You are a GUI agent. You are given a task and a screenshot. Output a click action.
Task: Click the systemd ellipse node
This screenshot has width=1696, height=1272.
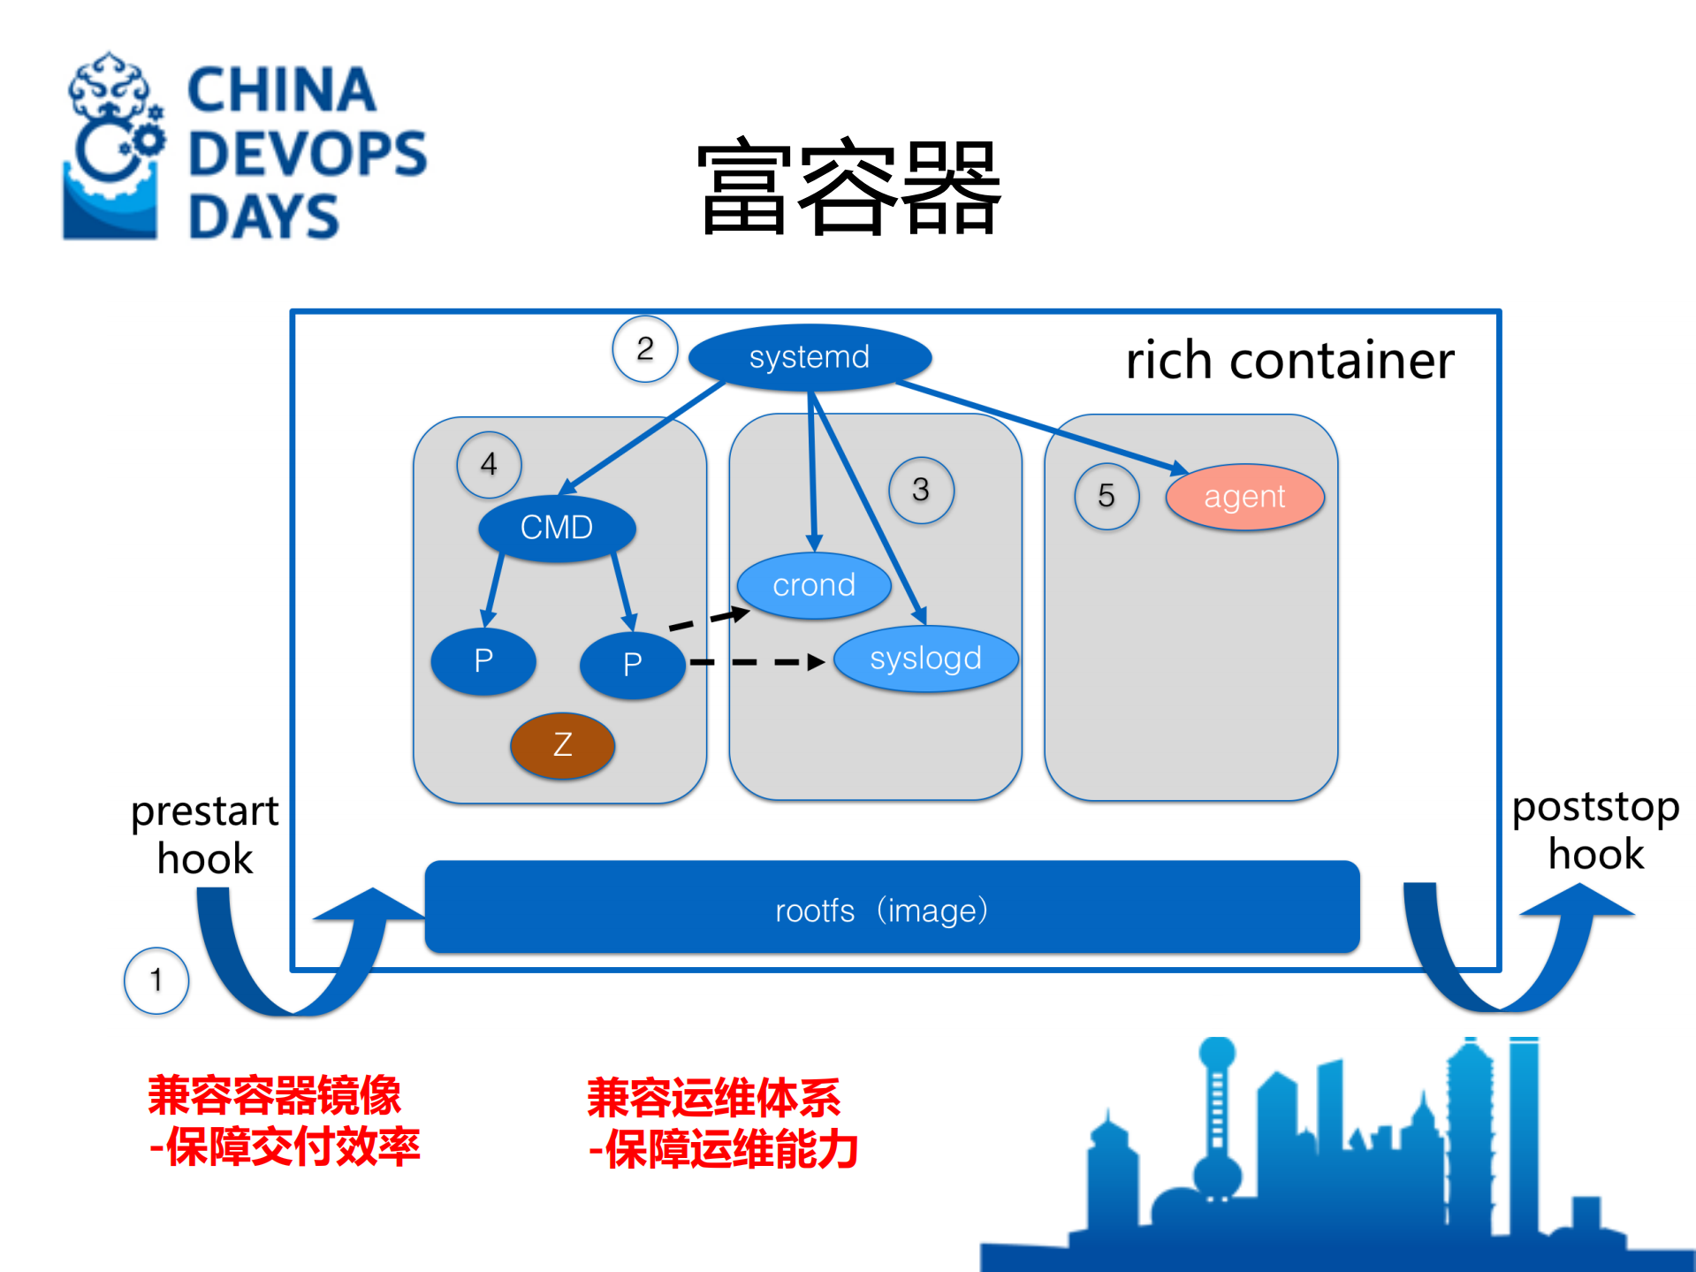tap(809, 357)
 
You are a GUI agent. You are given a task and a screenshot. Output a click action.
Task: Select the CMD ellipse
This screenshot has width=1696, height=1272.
tap(557, 528)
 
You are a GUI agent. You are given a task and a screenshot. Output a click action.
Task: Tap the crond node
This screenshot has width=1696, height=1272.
tap(814, 585)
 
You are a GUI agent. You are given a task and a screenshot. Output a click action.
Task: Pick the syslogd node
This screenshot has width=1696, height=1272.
tap(925, 659)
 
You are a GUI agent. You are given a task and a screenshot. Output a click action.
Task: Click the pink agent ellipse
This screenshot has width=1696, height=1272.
tap(1244, 497)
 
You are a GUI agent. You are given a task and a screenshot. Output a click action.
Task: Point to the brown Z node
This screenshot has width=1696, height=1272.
tap(563, 745)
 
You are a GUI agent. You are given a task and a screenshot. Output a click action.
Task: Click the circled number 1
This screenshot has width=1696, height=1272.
tap(156, 980)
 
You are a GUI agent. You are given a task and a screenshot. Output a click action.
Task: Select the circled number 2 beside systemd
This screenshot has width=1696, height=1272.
tap(645, 349)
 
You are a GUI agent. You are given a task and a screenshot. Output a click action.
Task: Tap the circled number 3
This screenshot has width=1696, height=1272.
tap(921, 490)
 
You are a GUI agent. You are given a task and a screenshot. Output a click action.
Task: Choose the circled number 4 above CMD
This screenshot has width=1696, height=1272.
tap(489, 465)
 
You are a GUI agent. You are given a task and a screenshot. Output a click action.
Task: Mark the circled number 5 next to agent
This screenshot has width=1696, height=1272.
tap(1106, 496)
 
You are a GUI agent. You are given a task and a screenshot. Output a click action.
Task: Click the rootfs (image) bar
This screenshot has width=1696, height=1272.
tap(892, 909)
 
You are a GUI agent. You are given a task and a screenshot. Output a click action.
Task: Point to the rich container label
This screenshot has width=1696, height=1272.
tap(1289, 361)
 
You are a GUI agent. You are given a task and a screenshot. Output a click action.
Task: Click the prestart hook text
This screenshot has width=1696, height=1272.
tap(205, 834)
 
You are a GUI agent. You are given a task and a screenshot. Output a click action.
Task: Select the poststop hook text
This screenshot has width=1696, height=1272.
tap(1595, 830)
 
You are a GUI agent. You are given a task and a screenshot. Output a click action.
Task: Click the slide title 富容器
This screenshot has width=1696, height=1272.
tap(848, 187)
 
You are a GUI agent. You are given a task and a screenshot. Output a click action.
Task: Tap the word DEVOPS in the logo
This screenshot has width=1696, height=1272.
tap(308, 154)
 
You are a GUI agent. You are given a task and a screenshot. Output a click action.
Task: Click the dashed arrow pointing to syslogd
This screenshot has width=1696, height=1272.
tap(756, 661)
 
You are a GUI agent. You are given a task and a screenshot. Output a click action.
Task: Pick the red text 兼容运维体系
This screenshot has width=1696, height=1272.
tap(713, 1098)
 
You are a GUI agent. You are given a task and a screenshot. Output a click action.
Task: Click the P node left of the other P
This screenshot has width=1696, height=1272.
tap(483, 661)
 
